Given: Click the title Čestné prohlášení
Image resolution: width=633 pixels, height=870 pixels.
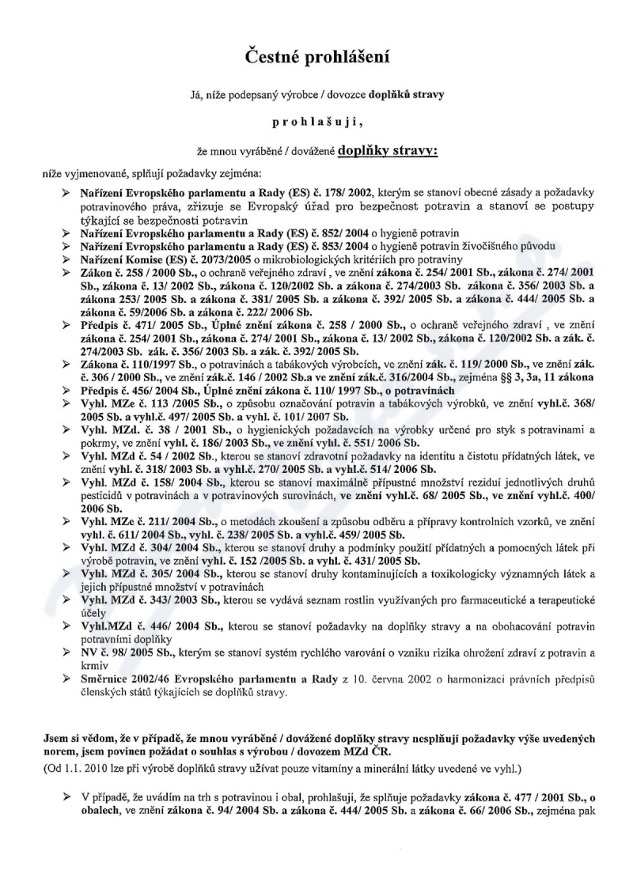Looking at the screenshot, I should pyautogui.click(x=316, y=58).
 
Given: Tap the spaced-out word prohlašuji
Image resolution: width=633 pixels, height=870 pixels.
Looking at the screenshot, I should pyautogui.click(x=316, y=123).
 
